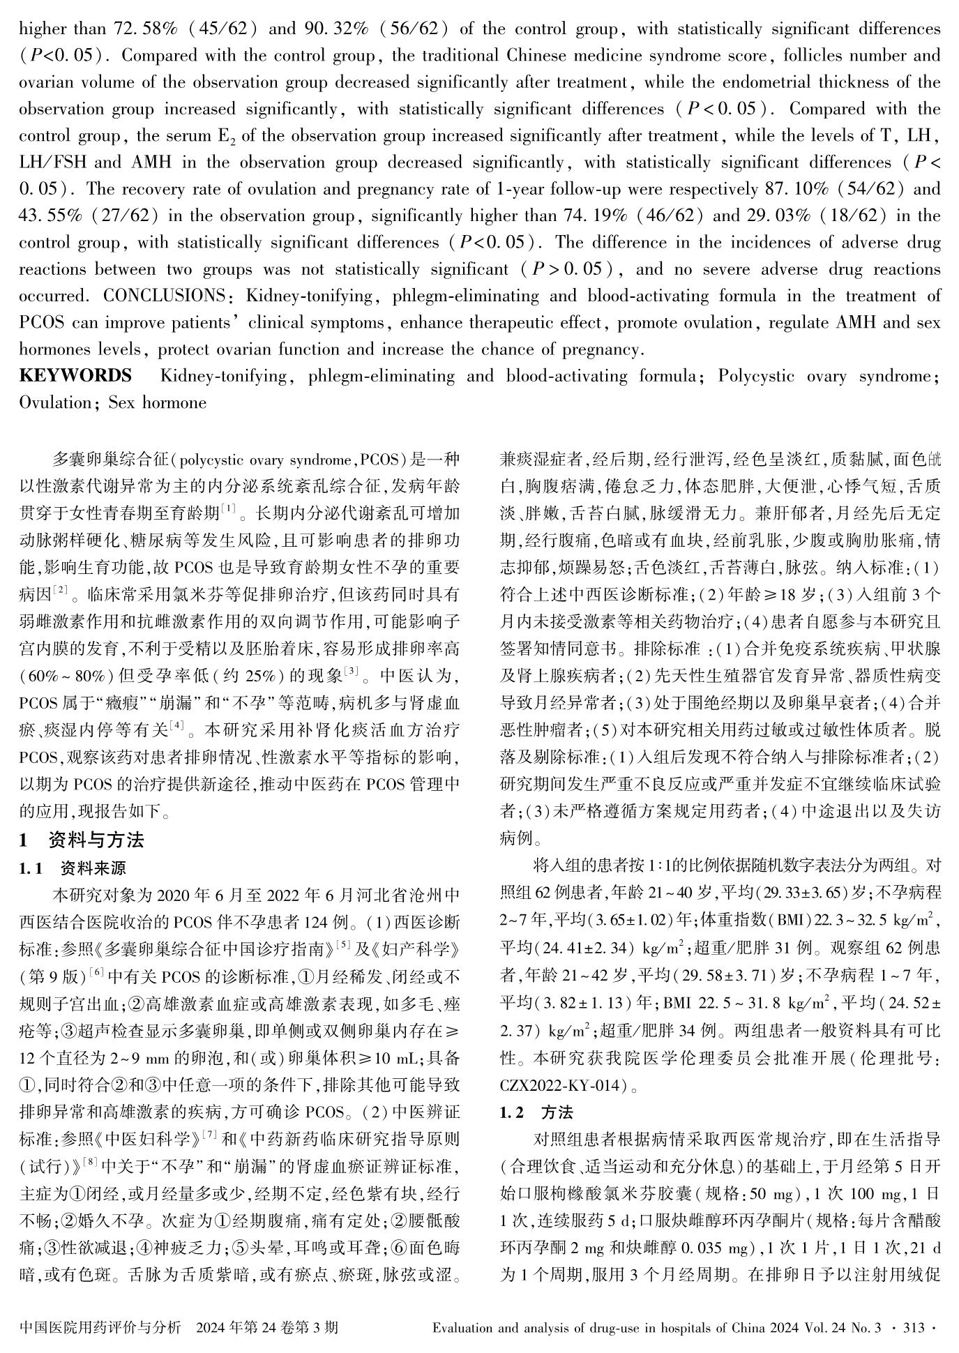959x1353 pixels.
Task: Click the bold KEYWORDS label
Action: click(x=75, y=377)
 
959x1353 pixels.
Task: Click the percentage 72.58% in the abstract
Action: click(x=145, y=30)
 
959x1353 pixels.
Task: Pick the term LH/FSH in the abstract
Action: click(x=53, y=163)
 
